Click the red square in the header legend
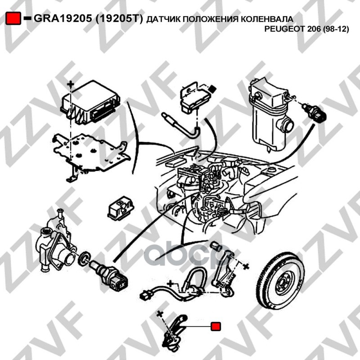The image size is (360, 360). click(x=13, y=18)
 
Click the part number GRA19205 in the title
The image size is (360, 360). click(x=63, y=18)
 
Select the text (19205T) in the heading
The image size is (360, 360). click(x=119, y=18)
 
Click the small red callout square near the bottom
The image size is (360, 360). click(x=216, y=326)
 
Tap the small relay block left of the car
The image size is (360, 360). click(x=121, y=208)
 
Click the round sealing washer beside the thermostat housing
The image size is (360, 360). click(x=84, y=258)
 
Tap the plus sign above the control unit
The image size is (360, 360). click(x=71, y=85)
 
